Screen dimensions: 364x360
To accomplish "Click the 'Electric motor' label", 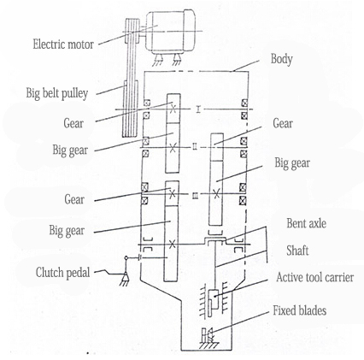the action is [63, 44].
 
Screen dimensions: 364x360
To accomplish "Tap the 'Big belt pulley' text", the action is [57, 93].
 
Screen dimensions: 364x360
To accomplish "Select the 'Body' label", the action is [281, 59].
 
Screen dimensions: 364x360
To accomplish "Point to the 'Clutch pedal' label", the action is [62, 273].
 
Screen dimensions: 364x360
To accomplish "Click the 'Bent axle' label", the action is [306, 223].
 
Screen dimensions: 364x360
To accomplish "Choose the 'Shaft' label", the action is [297, 251].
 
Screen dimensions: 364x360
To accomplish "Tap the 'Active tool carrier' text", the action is [315, 277].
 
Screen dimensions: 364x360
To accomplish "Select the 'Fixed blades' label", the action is [300, 310].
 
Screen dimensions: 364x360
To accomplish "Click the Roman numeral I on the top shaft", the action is [198, 109].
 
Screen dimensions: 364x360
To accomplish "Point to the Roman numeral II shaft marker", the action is [195, 147].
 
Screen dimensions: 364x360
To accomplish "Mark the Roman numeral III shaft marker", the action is [195, 196].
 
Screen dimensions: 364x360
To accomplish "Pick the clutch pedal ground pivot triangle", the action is [125, 276].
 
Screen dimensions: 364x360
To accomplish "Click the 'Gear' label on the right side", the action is [283, 123].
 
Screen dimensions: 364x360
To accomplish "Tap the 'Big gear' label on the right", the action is [292, 163].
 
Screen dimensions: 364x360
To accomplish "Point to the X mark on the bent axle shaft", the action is [172, 244].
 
